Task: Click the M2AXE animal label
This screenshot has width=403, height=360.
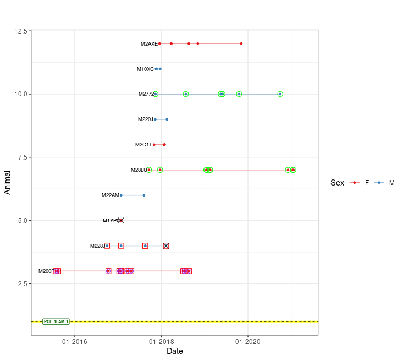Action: pyautogui.click(x=149, y=43)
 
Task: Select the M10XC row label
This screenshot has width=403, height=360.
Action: pyautogui.click(x=145, y=69)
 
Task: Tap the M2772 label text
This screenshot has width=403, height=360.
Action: pyautogui.click(x=146, y=94)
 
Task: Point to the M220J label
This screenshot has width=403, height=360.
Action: pyautogui.click(x=145, y=119)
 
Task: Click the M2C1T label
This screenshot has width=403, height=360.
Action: pyautogui.click(x=143, y=145)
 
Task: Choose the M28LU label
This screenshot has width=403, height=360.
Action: pyautogui.click(x=139, y=170)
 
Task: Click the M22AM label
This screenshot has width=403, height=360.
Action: pyautogui.click(x=110, y=195)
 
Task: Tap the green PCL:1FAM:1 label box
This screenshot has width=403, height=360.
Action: pyautogui.click(x=56, y=321)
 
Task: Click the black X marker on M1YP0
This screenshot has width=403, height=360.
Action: pyautogui.click(x=121, y=220)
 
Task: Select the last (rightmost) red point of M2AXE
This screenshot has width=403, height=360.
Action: pyautogui.click(x=241, y=43)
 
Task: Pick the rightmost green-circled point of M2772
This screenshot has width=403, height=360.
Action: pyautogui.click(x=280, y=94)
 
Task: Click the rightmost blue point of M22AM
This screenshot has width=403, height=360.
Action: pyautogui.click(x=144, y=195)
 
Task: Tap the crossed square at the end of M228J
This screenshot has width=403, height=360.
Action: pyautogui.click(x=166, y=246)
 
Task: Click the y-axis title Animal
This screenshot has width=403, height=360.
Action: pyautogui.click(x=8, y=182)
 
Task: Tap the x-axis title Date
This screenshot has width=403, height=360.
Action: pyautogui.click(x=175, y=351)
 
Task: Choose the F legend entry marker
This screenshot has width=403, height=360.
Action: pyautogui.click(x=355, y=183)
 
